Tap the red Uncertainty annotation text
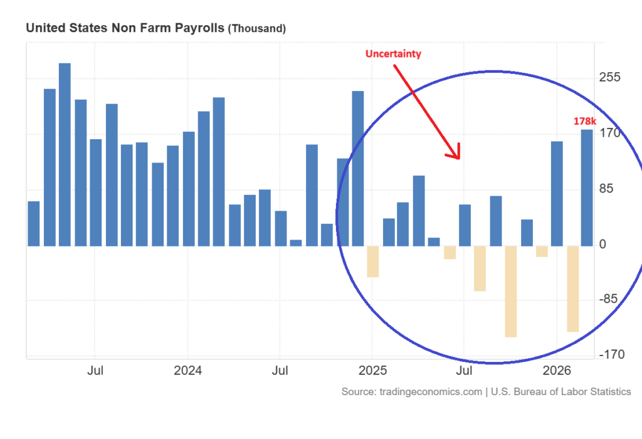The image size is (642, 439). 393,54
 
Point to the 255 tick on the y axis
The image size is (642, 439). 609,77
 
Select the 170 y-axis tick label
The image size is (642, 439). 609,133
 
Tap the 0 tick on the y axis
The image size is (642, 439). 603,245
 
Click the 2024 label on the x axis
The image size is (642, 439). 187,371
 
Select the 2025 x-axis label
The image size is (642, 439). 372,371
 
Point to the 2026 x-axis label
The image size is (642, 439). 557,371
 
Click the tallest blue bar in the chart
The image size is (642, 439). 65,154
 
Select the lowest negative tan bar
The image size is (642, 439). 511,292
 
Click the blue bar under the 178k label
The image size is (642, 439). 587,188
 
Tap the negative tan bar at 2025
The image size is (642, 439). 372,261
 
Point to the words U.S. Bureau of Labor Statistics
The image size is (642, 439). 561,392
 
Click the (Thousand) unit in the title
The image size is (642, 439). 256,29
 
